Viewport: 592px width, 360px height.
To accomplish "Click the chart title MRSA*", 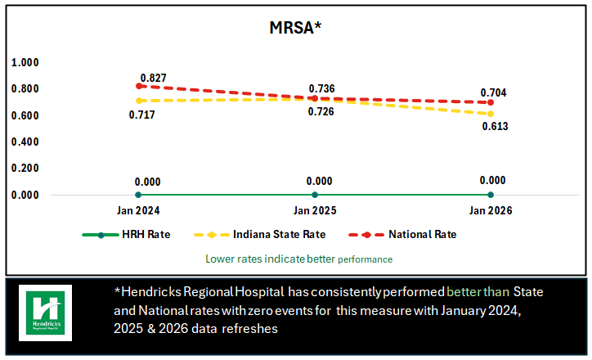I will point(295,28).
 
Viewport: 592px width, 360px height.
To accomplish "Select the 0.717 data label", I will point(141,115).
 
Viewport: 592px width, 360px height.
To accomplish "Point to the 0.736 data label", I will point(321,88).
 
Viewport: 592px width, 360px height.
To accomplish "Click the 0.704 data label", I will point(493,92).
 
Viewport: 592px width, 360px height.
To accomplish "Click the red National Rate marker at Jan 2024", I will point(138,86).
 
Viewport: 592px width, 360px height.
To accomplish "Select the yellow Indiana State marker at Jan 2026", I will point(491,114).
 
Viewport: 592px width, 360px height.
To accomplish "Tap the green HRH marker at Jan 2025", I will point(315,195).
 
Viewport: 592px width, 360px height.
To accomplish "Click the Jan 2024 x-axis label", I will point(138,211).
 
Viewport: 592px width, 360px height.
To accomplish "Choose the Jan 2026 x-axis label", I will point(491,211).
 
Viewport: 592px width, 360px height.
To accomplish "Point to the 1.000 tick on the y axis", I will point(25,62).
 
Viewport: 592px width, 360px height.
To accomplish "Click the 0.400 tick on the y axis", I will point(25,142).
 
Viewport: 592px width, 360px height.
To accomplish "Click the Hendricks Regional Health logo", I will point(46,313).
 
